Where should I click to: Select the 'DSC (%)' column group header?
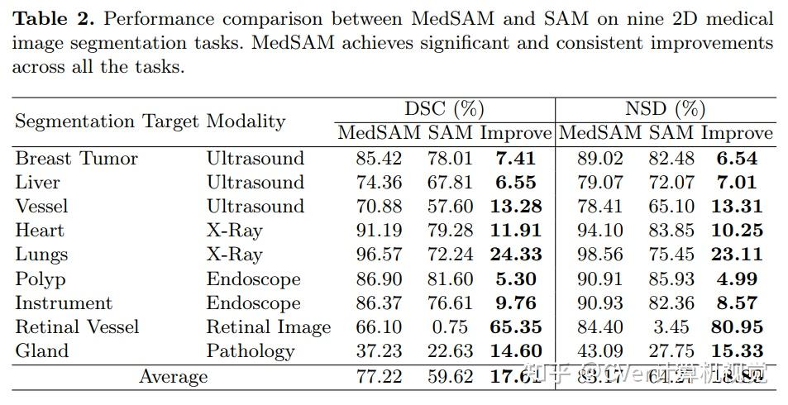(443, 109)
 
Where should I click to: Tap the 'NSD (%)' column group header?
(666, 109)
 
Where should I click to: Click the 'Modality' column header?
(246, 121)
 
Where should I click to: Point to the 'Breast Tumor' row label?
(76, 158)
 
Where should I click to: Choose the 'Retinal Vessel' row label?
(77, 327)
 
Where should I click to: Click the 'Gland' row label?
(41, 350)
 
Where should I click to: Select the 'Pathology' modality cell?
(250, 350)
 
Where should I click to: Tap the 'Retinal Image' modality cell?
(268, 327)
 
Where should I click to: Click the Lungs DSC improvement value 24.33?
(515, 255)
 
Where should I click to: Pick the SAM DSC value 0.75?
(450, 327)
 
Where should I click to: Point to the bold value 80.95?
(737, 327)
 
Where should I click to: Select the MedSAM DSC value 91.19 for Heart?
(380, 231)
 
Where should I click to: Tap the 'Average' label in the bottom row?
(173, 377)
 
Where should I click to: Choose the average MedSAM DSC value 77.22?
(380, 377)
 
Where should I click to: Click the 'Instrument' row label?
(63, 303)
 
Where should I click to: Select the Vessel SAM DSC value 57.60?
(450, 206)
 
